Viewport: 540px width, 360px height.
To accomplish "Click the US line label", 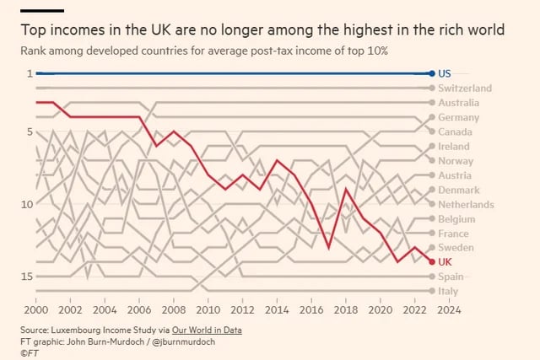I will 445,73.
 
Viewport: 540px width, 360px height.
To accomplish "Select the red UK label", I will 445,262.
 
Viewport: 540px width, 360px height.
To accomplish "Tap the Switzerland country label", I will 465,88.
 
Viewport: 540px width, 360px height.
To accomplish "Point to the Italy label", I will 449,291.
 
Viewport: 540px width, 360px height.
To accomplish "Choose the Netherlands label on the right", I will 466,205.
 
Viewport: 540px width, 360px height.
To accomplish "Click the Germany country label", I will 459,117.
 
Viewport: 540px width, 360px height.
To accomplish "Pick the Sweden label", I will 456,248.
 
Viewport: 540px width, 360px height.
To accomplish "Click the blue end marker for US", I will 432,73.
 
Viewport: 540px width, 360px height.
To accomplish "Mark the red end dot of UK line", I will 432,262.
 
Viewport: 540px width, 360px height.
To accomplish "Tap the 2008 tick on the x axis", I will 173,309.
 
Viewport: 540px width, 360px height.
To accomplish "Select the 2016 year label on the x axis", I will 311,309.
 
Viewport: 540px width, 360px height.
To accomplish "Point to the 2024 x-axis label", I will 450,309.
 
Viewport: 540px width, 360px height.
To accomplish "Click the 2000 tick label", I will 35,309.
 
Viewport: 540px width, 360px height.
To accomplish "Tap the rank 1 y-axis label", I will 29,73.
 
